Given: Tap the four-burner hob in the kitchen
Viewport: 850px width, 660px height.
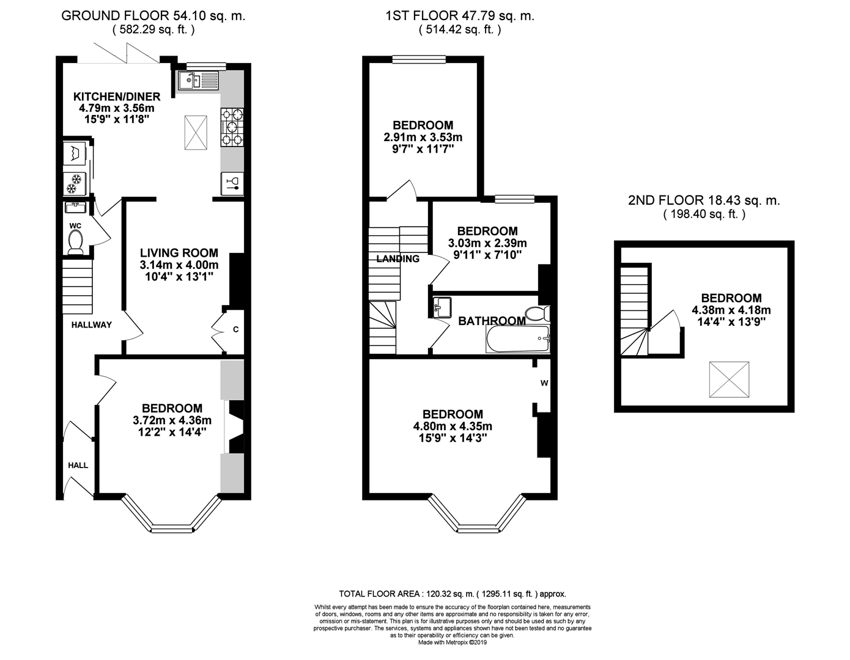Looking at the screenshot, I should (x=232, y=127).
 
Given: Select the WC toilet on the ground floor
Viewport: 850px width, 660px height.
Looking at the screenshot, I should (x=76, y=244).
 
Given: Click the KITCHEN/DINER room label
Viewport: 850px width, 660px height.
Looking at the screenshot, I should (x=117, y=97).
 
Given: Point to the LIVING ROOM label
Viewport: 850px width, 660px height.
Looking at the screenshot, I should (x=179, y=253).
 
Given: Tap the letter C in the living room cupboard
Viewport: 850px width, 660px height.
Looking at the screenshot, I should (x=235, y=331).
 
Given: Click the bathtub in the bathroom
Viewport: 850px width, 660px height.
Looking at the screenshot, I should (x=518, y=339).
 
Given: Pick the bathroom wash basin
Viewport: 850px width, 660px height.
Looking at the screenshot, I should (x=442, y=306).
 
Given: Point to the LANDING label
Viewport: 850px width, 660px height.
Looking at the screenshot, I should (x=398, y=259).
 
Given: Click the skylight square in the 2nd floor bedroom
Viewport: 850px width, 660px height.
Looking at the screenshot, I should (x=729, y=380).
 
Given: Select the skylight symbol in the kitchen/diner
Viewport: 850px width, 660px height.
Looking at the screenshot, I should (x=196, y=131).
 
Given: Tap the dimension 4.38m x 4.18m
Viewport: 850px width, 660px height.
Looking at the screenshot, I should (x=731, y=310).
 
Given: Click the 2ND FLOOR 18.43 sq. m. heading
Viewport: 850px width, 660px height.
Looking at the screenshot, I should (x=704, y=200).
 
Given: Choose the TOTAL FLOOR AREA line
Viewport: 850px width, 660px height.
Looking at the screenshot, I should (x=453, y=593).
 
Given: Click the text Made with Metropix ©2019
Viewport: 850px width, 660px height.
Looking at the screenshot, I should (x=453, y=642).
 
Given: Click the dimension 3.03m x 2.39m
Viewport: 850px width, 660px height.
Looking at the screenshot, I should (x=487, y=243).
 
